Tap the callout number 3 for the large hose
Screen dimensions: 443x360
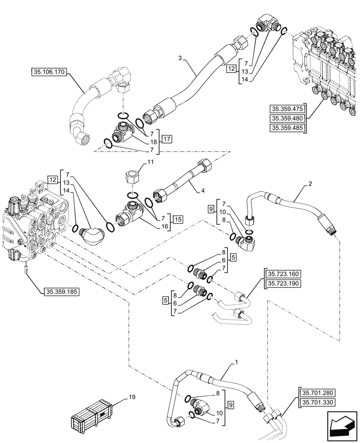tap(180, 58)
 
